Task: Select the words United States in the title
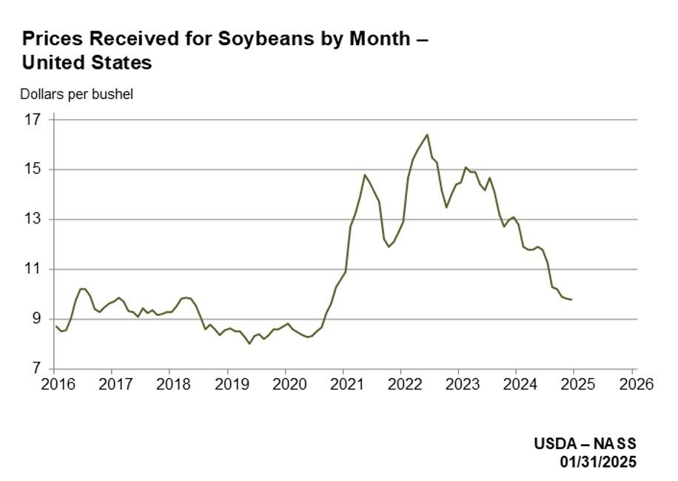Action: coord(87,63)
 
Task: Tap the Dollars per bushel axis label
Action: coord(76,95)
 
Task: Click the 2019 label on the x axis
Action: coord(227,384)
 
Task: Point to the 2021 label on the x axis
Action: coord(343,384)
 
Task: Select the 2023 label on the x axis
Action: coord(459,384)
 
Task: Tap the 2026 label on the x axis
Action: coord(634,384)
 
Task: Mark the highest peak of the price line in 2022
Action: coord(427,135)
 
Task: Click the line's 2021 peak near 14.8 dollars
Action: coord(365,175)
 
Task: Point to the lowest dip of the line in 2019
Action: coord(249,343)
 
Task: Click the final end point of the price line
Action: coord(571,300)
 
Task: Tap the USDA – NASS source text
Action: coord(585,444)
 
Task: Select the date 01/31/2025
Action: coord(597,462)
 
